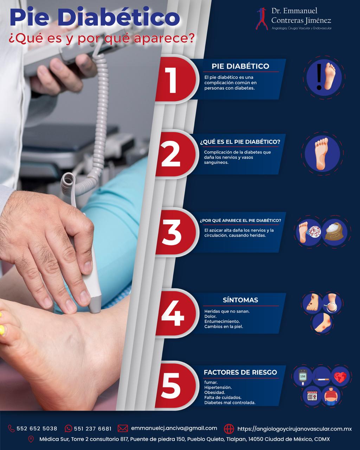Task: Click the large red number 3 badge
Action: tap(177, 232)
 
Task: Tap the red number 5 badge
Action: tap(176, 386)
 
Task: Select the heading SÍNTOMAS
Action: tap(240, 300)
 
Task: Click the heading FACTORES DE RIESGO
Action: tap(240, 372)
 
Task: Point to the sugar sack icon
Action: tap(334, 232)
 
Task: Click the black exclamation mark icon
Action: tap(319, 77)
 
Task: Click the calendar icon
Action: tap(312, 396)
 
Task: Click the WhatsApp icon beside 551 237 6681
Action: tap(69, 429)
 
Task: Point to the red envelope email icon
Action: tap(123, 429)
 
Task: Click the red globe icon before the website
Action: tap(229, 429)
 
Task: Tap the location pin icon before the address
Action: tap(31, 439)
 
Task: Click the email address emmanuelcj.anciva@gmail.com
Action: tap(174, 428)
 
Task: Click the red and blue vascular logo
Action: tap(262, 19)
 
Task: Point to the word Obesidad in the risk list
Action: tap(214, 392)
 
